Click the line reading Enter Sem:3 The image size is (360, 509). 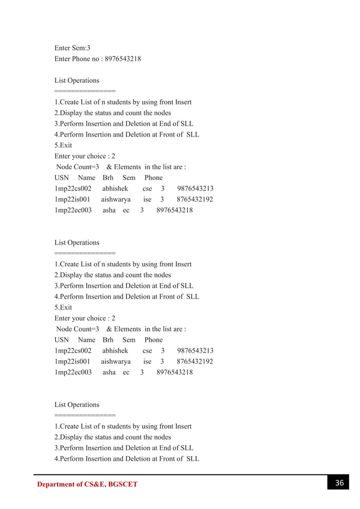[x=72, y=48]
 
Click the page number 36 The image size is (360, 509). [x=339, y=483]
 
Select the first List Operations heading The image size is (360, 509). [x=77, y=81]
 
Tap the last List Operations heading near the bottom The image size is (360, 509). [x=77, y=405]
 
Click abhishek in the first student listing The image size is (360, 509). [x=115, y=188]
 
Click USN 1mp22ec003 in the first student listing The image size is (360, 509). [x=73, y=210]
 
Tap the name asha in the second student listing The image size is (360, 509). [x=109, y=372]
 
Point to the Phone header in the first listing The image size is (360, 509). [x=153, y=178]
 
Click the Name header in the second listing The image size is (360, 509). [x=86, y=340]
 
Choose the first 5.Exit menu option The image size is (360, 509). [x=63, y=146]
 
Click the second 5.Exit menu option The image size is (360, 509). [x=63, y=308]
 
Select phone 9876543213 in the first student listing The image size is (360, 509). [x=195, y=188]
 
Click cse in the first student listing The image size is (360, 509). [x=147, y=188]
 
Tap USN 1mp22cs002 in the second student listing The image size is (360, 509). [x=73, y=350]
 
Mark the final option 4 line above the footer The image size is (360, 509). [x=126, y=459]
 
